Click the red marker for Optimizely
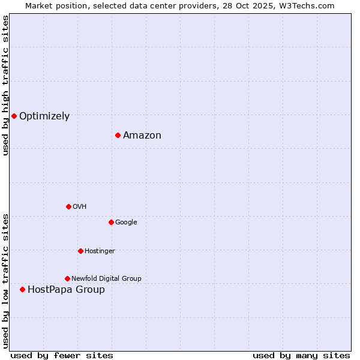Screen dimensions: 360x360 [14, 116]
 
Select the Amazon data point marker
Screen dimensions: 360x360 [118, 135]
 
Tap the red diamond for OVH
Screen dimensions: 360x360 [68, 206]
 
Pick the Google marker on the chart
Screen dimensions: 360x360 [111, 222]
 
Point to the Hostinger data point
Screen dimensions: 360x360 [80, 251]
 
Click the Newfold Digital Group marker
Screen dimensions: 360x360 [67, 278]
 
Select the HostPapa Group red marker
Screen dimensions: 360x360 [22, 289]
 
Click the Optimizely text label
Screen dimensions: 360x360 [44, 116]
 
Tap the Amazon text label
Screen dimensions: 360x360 [142, 136]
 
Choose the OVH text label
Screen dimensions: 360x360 [80, 207]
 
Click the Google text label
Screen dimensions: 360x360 [126, 223]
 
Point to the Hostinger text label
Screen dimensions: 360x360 [100, 251]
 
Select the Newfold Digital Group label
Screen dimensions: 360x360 [106, 279]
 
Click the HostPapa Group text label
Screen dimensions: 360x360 [66, 290]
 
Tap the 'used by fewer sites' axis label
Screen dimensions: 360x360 [62, 355]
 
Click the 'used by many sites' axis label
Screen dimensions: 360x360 [301, 355]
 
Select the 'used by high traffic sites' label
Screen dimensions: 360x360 [6, 85]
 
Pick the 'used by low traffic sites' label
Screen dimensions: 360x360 [6, 280]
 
